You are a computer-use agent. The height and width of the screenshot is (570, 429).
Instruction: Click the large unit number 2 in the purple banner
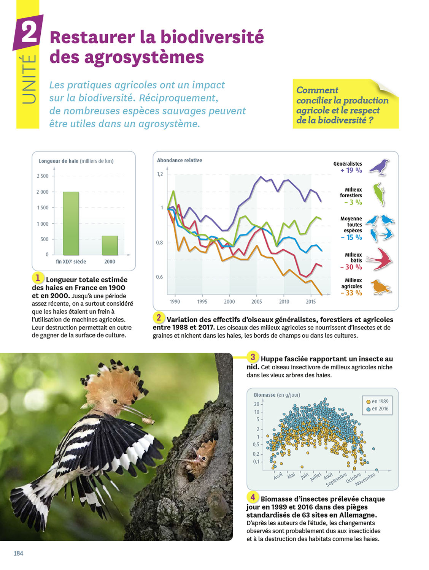point(29,32)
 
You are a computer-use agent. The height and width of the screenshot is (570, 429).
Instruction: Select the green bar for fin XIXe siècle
point(71,223)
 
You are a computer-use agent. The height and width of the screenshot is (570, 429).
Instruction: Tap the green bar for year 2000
point(110,245)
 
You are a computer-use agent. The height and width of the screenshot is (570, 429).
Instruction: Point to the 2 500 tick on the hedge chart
point(43,176)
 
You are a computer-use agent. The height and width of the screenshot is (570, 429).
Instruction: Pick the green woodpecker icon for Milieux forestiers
point(379,194)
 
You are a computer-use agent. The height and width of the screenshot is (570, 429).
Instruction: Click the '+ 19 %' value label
point(351,171)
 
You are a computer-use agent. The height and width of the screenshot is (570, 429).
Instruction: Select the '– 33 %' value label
point(351,293)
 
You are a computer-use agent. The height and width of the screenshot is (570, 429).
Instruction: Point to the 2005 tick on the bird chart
point(257,302)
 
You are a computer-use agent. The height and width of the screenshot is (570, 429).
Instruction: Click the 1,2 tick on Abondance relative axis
point(160,174)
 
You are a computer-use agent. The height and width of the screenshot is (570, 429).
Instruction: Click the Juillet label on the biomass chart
point(315,477)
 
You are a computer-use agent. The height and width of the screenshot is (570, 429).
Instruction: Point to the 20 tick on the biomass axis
point(257,404)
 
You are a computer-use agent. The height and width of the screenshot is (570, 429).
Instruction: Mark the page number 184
point(18,553)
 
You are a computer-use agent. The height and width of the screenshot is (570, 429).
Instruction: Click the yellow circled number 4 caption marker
point(253,497)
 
